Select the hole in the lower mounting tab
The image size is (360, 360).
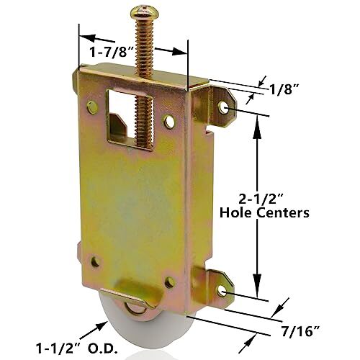point(222,290)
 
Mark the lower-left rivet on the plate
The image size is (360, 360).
point(95,262)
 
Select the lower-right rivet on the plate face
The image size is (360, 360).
point(168,284)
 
